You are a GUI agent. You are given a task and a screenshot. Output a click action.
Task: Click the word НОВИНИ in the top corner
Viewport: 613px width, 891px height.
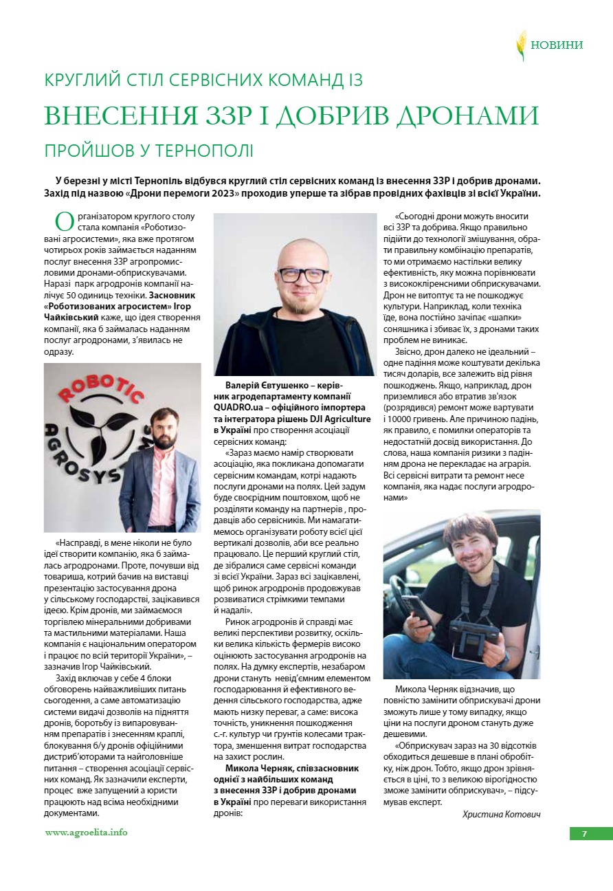point(557,45)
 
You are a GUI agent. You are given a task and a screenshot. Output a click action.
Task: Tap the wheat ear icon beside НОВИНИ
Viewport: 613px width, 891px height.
point(522,45)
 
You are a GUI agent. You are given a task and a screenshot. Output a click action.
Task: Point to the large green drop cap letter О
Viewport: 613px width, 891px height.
point(64,221)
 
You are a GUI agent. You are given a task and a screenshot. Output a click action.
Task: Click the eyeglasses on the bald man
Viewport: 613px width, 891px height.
point(303,274)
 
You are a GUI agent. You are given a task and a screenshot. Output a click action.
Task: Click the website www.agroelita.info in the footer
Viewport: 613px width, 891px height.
point(86,832)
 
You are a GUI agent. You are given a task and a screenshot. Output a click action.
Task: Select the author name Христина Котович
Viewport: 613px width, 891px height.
point(501,814)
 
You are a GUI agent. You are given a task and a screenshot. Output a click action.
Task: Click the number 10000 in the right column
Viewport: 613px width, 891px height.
point(405,419)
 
